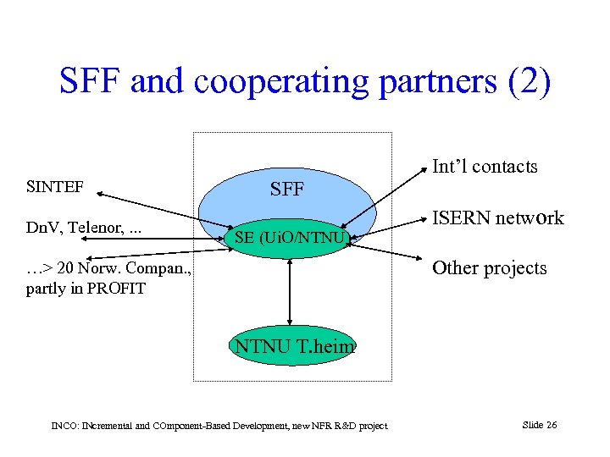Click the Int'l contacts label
[x=485, y=167]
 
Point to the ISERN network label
[x=497, y=218]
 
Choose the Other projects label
[x=489, y=268]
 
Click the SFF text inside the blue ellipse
[x=286, y=190]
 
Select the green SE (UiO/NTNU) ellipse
[x=290, y=239]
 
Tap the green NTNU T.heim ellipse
[x=291, y=345]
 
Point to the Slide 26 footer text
[x=540, y=425]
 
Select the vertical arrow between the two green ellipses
[x=291, y=292]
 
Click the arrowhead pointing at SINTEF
[x=103, y=195]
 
